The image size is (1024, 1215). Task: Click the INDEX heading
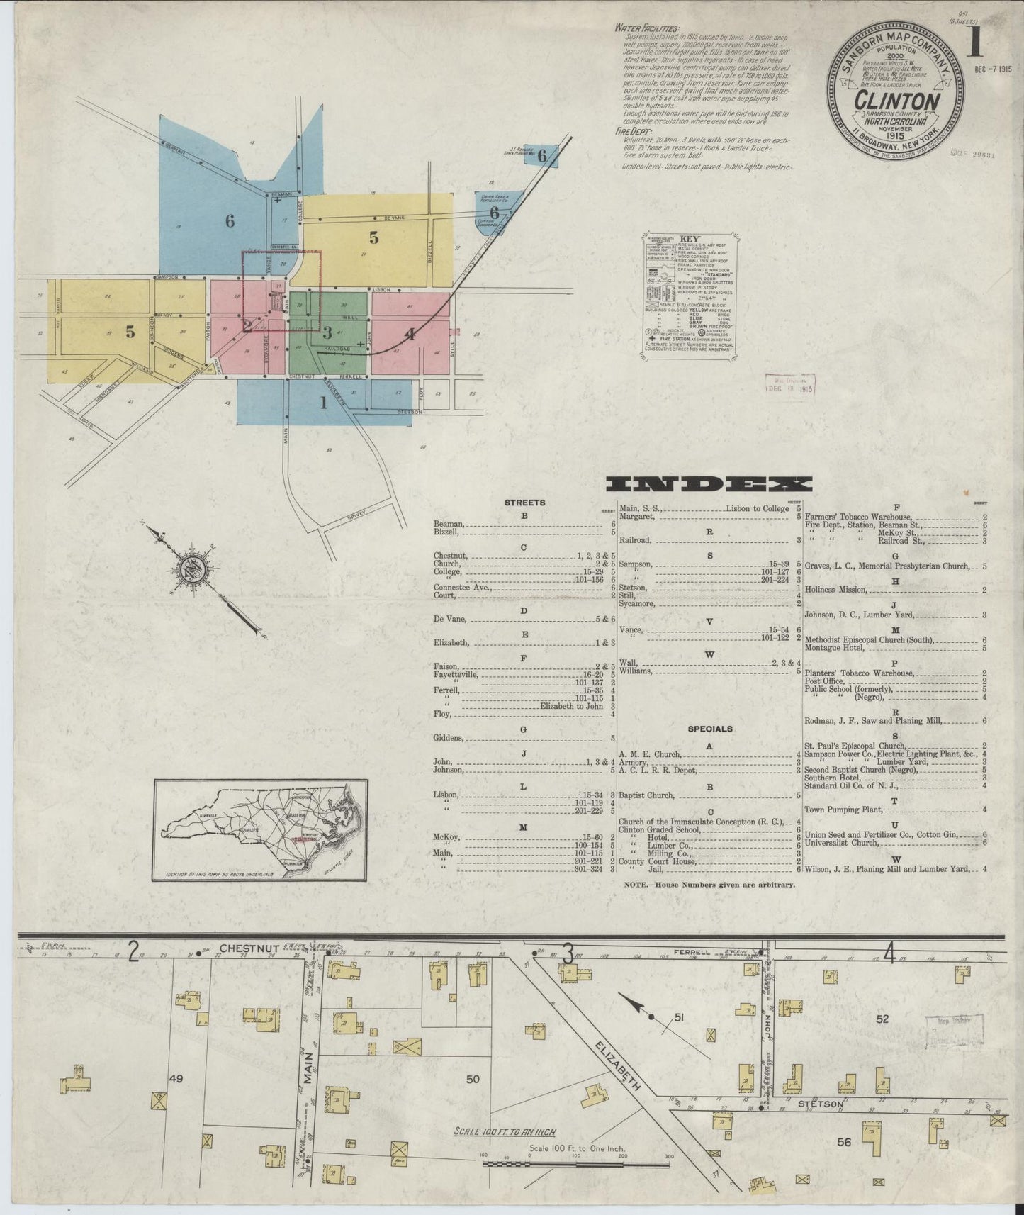tap(710, 484)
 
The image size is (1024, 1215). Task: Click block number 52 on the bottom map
tap(882, 1019)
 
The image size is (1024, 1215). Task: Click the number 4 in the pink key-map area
tap(410, 334)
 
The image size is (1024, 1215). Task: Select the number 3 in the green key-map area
tap(327, 332)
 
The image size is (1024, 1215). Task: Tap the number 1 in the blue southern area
tap(324, 403)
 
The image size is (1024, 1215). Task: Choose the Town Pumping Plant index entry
tap(843, 809)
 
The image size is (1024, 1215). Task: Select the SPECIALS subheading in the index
tap(710, 729)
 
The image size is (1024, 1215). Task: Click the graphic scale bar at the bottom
tap(578, 1163)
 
